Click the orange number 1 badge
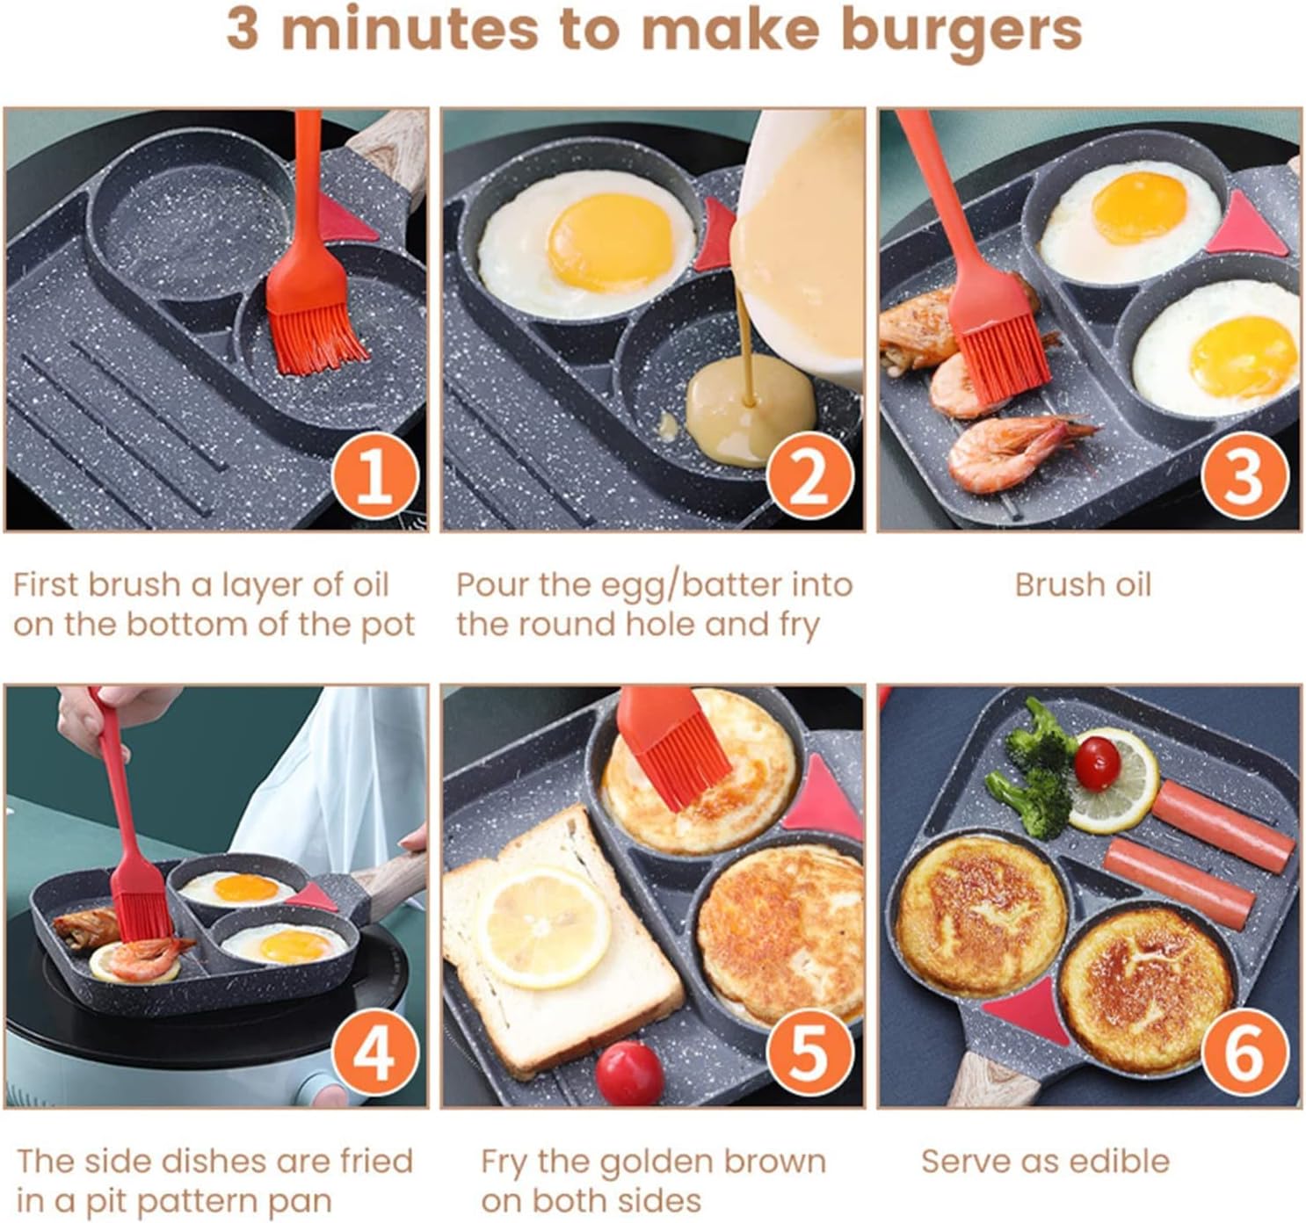click(375, 474)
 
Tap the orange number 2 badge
click(809, 474)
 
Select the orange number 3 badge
click(1244, 474)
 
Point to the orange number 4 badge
click(375, 1051)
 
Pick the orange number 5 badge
click(809, 1051)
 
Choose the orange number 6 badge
click(1244, 1051)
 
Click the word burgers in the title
click(961, 30)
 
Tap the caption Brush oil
click(1082, 585)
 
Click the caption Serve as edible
click(1045, 1161)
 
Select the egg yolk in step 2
click(610, 240)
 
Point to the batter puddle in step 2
click(750, 413)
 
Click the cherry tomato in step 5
click(628, 1072)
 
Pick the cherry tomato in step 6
click(1097, 763)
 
